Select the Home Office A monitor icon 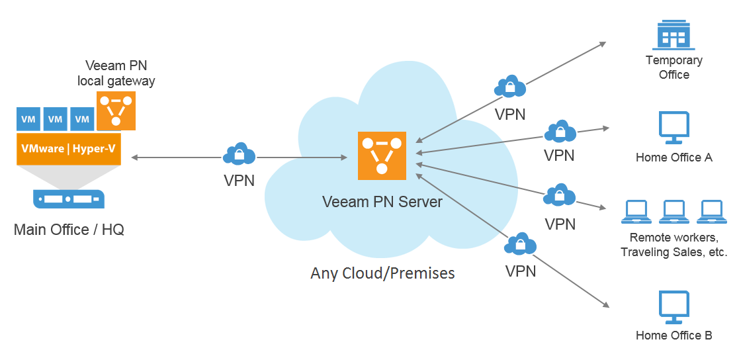[674, 128]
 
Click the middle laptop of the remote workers [674, 211]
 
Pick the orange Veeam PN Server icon [381, 156]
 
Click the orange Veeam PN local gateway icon [116, 111]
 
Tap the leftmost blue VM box [28, 119]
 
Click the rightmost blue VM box [82, 119]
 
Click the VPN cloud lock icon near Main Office [239, 154]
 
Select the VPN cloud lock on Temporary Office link [509, 87]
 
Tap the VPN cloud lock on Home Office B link [519, 244]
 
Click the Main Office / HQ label [69, 230]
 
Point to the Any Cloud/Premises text [382, 273]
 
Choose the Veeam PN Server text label [382, 201]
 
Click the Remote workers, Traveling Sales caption [674, 244]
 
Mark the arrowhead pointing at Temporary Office [603, 44]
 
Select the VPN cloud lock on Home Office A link [560, 132]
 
